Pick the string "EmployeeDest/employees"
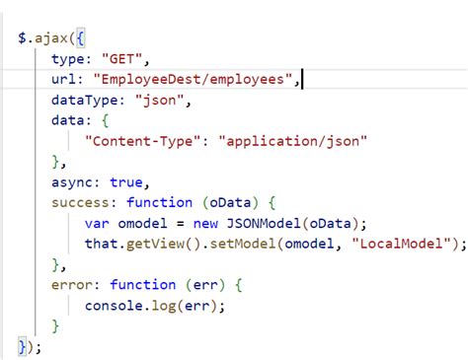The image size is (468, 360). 194,79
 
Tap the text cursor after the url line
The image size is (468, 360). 301,79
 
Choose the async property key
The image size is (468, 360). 73,182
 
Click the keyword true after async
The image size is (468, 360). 128,182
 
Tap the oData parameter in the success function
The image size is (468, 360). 225,203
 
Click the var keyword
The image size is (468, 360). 98,224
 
